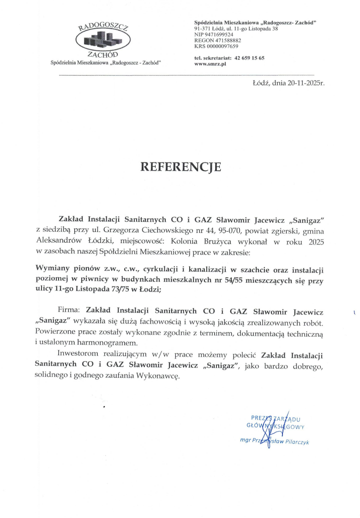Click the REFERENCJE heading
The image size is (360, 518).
(x=180, y=167)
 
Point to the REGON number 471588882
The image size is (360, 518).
(x=224, y=40)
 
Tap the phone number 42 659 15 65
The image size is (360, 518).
(x=249, y=58)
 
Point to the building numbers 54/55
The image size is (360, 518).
(x=222, y=280)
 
